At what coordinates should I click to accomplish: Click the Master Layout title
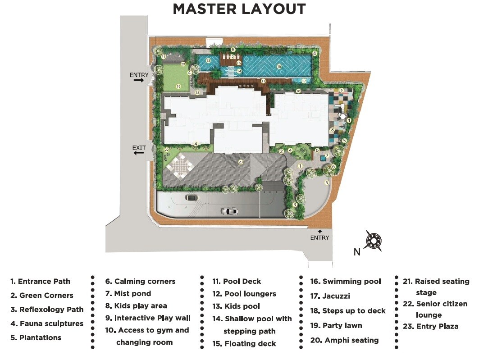[x=239, y=9]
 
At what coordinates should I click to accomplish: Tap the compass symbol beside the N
[x=374, y=242]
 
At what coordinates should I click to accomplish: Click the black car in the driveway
[x=191, y=197]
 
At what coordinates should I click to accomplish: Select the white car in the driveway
[x=230, y=211]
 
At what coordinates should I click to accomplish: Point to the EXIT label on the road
[x=139, y=147]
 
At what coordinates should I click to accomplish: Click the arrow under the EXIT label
[x=139, y=153]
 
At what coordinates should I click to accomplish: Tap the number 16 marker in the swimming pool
[x=279, y=67]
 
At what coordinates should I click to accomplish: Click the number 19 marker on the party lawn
[x=178, y=87]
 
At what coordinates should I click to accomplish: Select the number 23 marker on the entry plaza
[x=241, y=162]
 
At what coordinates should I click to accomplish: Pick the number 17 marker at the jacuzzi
[x=304, y=81]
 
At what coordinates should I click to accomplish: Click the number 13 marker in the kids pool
[x=208, y=60]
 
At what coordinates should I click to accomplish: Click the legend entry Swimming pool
[x=346, y=282]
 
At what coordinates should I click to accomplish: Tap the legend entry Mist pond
[x=128, y=294]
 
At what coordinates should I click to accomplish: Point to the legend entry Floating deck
[x=244, y=344]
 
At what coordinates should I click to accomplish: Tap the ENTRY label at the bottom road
[x=319, y=237]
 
